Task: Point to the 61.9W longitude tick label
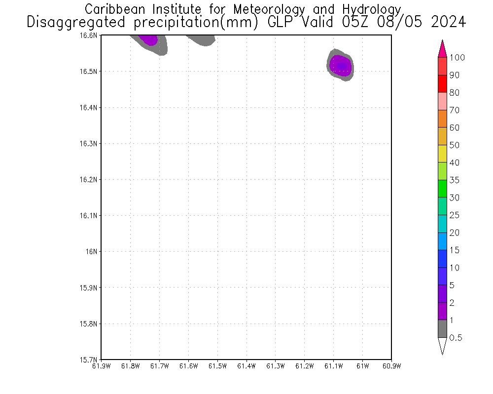[x=101, y=366]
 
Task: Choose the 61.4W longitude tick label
[x=246, y=366]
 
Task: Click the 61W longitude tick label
[x=362, y=366]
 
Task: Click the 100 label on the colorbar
[x=457, y=58]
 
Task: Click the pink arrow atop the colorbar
[x=442, y=48]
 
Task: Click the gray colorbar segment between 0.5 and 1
[x=442, y=328]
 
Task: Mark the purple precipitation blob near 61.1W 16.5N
[x=341, y=65]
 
